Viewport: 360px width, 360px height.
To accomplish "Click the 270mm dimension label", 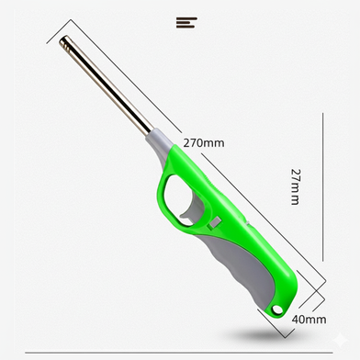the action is (204, 143).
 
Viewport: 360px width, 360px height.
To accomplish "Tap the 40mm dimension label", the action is (309, 320).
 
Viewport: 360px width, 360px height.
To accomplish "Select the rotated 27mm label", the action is (295, 186).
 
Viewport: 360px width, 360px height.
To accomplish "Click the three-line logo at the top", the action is (186, 23).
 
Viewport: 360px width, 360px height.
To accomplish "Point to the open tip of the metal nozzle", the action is (65, 41).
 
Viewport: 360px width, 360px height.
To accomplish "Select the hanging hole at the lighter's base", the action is (277, 309).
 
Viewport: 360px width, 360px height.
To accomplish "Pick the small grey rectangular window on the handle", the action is (214, 222).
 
